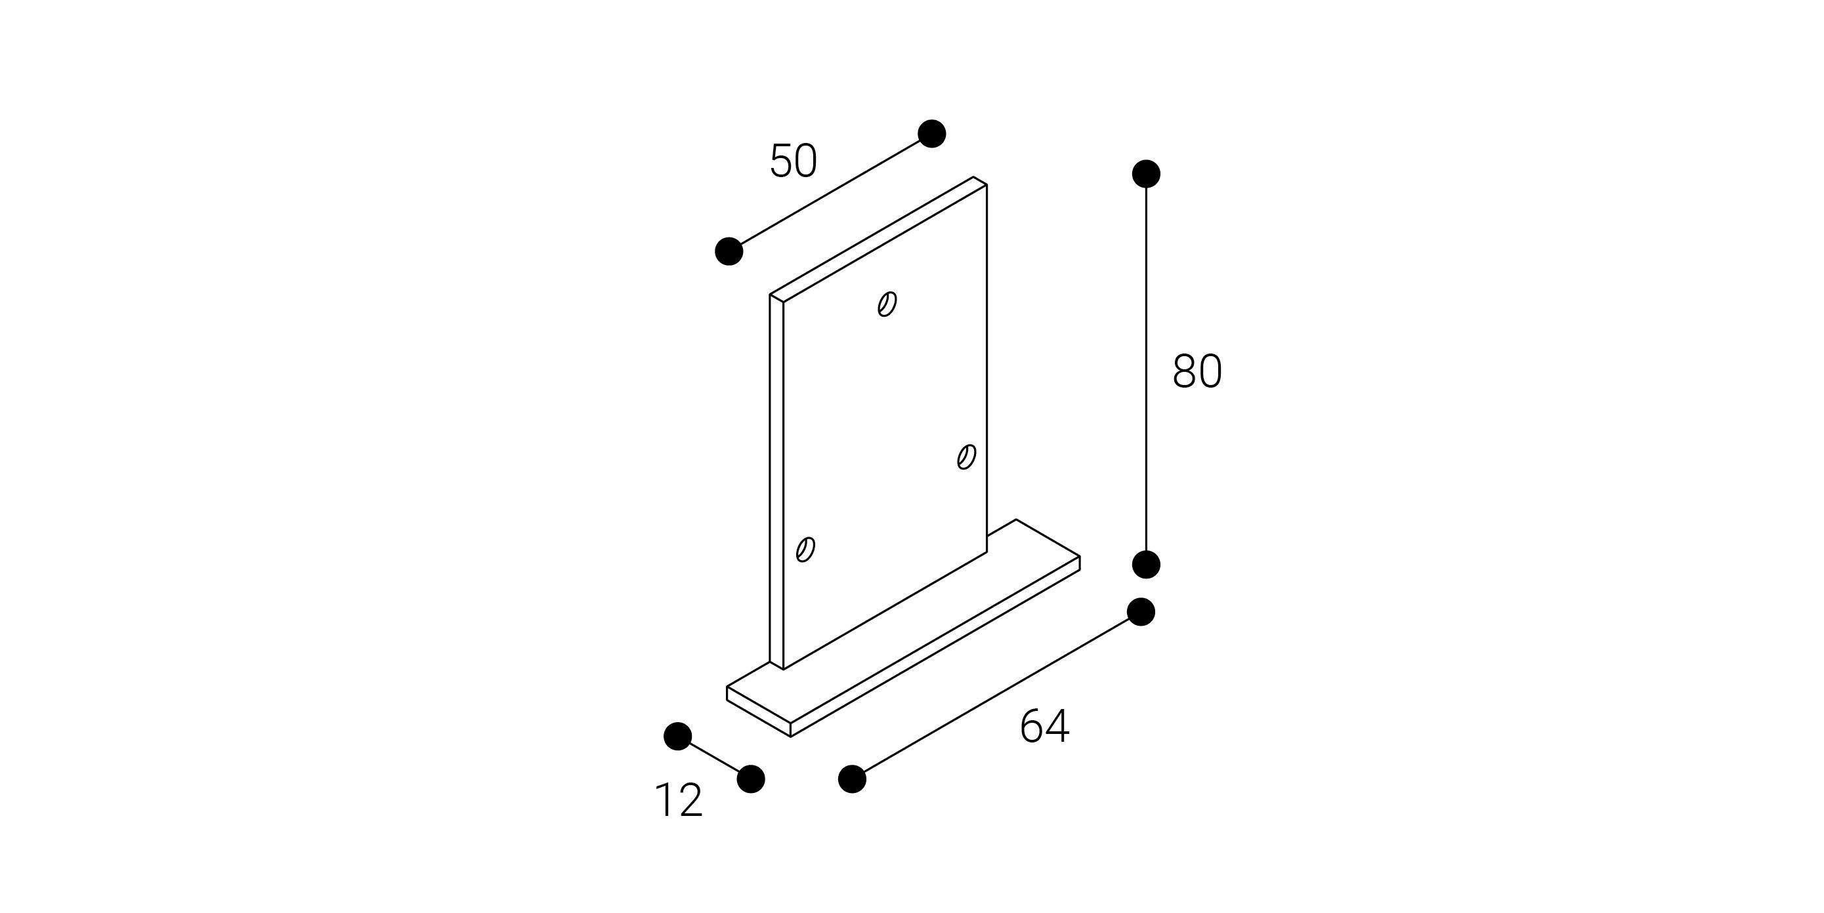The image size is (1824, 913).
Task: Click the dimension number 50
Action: (794, 161)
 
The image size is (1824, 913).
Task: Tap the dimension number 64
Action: (1044, 726)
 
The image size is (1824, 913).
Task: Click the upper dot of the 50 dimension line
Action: (932, 134)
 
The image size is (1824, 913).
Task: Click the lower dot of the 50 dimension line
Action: (729, 251)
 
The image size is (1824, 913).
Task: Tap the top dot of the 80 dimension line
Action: (1147, 174)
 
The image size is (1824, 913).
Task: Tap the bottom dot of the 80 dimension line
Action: (1147, 564)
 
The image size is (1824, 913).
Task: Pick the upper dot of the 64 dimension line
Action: (1141, 611)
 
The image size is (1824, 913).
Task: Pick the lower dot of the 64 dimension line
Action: (852, 779)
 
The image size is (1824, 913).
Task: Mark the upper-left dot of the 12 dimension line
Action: (677, 736)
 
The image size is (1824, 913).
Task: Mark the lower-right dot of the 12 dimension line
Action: (751, 779)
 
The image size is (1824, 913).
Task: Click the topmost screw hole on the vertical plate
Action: (887, 304)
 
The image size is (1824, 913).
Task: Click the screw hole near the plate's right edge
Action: (967, 456)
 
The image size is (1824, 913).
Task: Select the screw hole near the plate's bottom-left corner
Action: (806, 549)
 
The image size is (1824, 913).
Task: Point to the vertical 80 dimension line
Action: (1147, 369)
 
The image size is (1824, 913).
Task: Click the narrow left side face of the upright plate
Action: (776, 482)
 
